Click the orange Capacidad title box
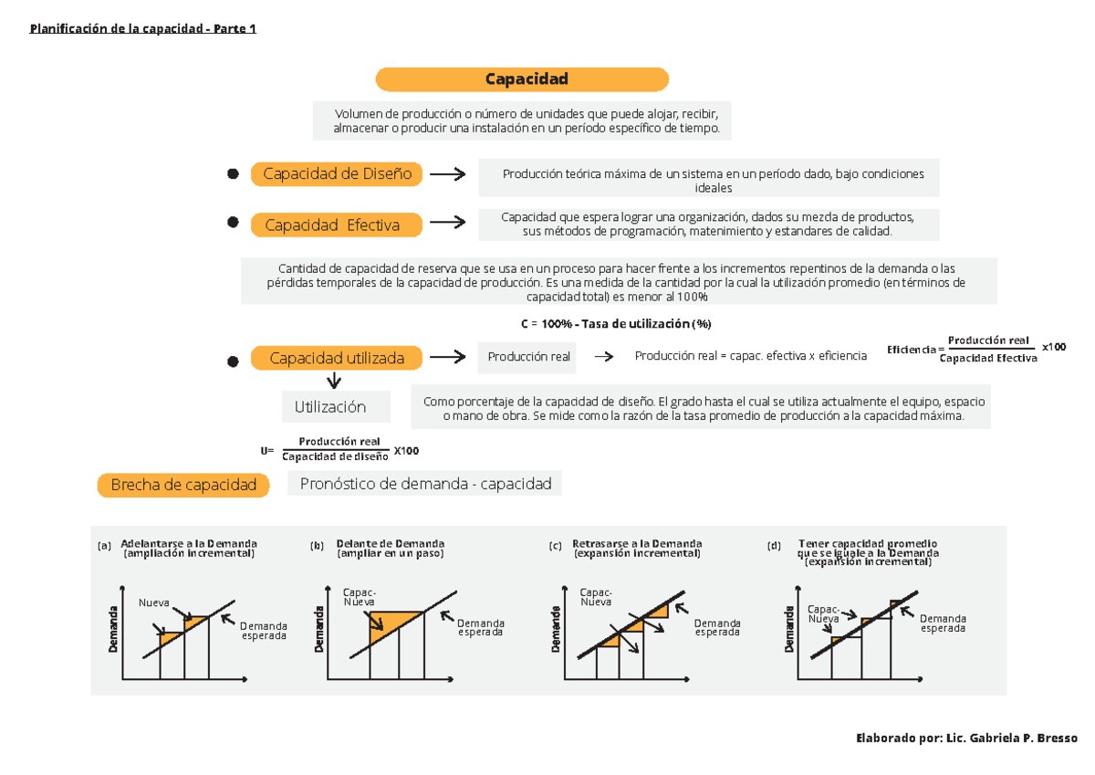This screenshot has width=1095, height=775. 522,79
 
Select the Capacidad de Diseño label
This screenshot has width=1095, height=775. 337,174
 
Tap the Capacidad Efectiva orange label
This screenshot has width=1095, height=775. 337,225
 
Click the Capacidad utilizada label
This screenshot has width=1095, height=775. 337,359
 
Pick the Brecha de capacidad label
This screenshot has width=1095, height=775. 183,486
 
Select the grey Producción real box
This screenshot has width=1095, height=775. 528,357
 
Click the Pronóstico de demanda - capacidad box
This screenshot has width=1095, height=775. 424,484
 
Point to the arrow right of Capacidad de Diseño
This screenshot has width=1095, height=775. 447,174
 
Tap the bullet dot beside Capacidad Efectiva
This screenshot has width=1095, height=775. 233,223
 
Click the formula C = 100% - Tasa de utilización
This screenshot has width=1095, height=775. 615,324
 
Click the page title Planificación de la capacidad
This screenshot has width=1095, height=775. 143,28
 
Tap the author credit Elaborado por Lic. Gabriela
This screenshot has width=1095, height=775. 967,738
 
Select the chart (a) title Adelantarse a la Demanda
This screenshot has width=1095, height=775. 189,548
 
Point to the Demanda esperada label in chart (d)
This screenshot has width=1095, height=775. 943,623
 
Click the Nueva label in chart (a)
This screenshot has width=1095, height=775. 153,602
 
